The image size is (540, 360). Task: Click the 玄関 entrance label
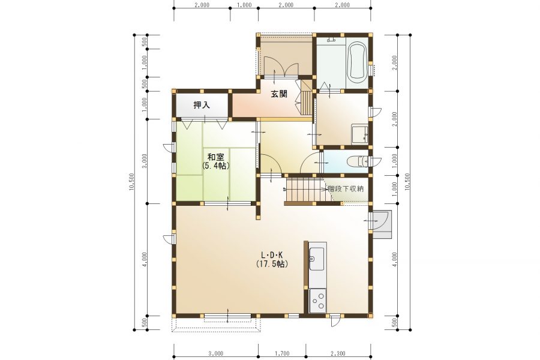pos(278,94)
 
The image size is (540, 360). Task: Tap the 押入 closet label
pos(202,105)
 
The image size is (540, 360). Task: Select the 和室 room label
pos(215,157)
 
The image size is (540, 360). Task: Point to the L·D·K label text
pos(272,255)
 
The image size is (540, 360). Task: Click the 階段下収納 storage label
pos(346,189)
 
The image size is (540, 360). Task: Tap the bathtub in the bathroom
pos(358,62)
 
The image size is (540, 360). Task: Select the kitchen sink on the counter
pos(316,259)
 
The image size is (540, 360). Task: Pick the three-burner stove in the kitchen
pos(318,301)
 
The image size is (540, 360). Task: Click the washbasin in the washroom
pos(359,134)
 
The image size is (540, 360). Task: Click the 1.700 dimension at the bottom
pos(282,353)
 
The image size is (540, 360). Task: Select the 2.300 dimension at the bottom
pos(338,353)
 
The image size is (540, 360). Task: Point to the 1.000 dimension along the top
pos(244,5)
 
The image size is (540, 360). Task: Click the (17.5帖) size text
pos(272,264)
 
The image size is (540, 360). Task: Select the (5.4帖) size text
pos(215,166)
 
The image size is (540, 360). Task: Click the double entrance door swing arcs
pos(278,68)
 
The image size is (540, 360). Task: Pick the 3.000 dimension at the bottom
pos(215,353)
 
